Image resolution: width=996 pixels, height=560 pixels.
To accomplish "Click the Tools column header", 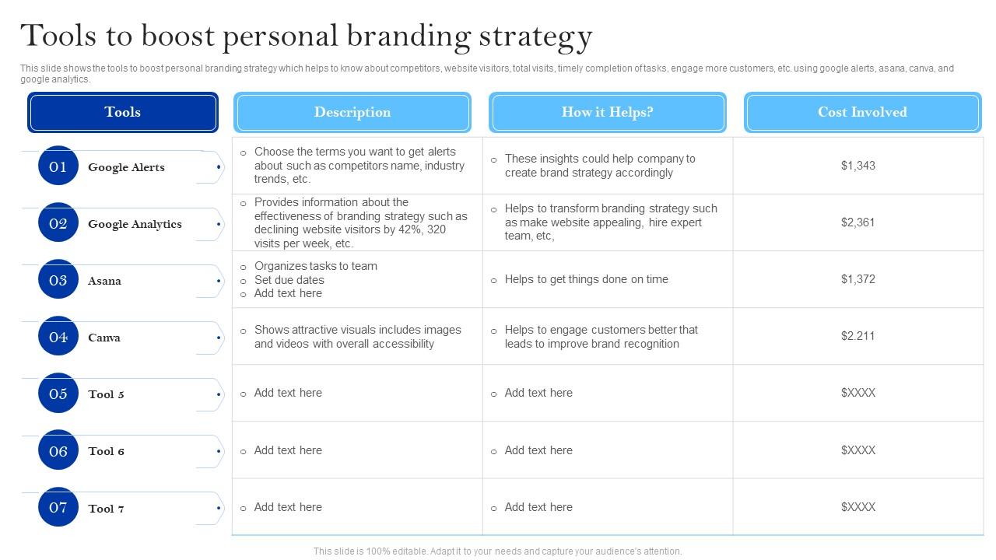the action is point(123,112).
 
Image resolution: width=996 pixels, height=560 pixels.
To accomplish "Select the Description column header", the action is point(352,112).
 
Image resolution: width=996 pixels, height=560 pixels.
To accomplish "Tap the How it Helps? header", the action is point(608,112).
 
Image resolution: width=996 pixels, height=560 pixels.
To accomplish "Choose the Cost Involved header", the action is point(863,112).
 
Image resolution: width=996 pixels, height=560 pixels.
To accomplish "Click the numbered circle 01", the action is point(58,166).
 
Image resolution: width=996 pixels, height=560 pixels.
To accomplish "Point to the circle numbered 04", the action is point(58,336).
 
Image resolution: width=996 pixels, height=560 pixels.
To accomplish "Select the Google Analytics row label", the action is point(135,224).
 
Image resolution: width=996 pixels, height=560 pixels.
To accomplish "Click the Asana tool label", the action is point(104,281).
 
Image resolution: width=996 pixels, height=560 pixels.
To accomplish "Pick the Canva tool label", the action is point(104,338).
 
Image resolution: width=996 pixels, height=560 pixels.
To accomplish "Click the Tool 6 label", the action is point(106,451).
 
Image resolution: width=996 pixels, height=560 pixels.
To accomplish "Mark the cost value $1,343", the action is point(857,166).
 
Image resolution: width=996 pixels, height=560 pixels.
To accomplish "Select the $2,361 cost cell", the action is point(857,222).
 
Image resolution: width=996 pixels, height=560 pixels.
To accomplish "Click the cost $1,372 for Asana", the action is point(857,279).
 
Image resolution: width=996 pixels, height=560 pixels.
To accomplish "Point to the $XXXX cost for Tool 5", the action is point(857,393).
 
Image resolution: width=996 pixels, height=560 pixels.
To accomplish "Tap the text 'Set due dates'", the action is point(289,280).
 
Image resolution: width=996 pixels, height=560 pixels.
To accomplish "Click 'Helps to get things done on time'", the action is point(586,279).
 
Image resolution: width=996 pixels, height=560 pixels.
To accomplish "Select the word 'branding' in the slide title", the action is point(409,37).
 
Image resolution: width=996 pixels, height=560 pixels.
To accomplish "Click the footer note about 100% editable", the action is point(497,551).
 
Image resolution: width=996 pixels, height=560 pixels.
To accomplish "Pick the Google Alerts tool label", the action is point(126,167).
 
